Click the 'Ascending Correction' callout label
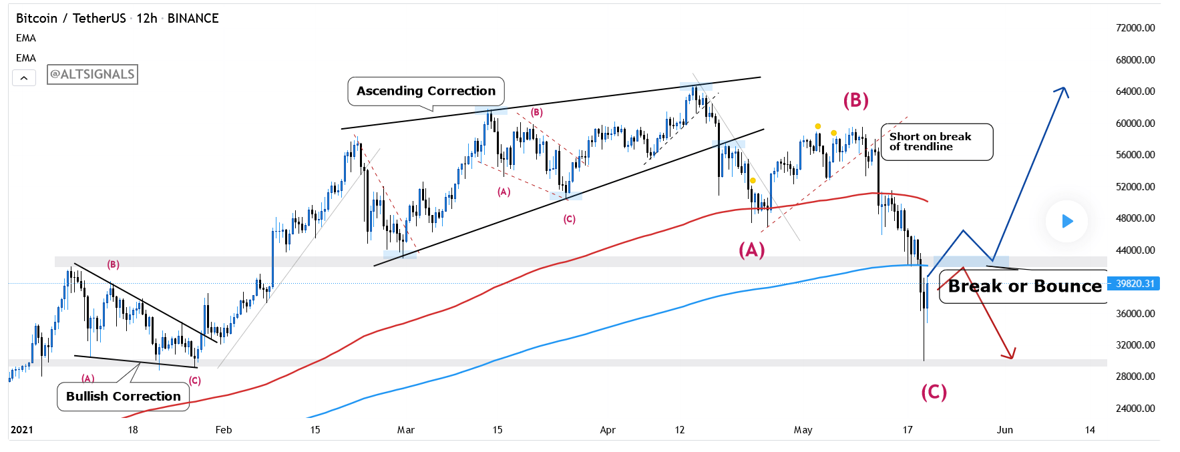point(426,91)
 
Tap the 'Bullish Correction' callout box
point(124,396)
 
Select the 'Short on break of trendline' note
point(936,142)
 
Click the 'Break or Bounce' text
point(1024,286)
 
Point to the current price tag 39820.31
point(1135,284)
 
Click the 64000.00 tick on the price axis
point(1135,91)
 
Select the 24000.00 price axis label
point(1135,408)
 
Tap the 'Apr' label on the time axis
point(608,430)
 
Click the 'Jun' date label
point(1004,430)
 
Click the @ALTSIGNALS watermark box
point(92,74)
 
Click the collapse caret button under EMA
point(24,78)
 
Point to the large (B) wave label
point(855,100)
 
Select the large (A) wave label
point(751,250)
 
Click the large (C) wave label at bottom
point(934,392)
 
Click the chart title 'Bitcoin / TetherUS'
point(71,18)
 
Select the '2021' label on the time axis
point(22,430)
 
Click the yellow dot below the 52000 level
point(753,180)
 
